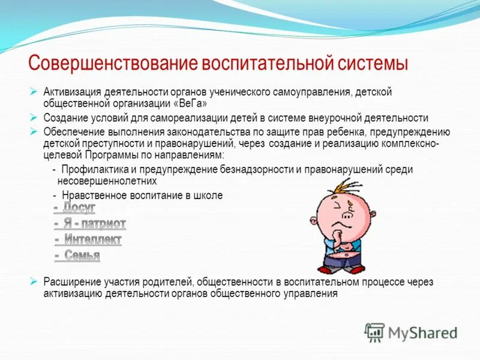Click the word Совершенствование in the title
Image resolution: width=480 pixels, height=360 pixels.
click(114, 63)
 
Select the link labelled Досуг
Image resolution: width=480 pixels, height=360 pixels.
click(75, 208)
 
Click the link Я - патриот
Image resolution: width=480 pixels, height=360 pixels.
click(90, 224)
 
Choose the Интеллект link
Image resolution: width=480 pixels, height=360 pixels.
click(88, 240)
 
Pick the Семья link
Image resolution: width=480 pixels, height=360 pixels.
click(77, 256)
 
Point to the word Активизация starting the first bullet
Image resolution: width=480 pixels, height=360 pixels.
click(73, 92)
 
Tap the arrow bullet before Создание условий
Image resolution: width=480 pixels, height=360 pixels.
click(34, 118)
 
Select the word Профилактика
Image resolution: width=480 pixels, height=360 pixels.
click(92, 170)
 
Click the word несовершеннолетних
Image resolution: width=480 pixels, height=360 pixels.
click(107, 180)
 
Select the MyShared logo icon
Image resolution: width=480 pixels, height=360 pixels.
click(374, 331)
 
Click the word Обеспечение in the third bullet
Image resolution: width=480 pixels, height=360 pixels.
click(73, 131)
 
